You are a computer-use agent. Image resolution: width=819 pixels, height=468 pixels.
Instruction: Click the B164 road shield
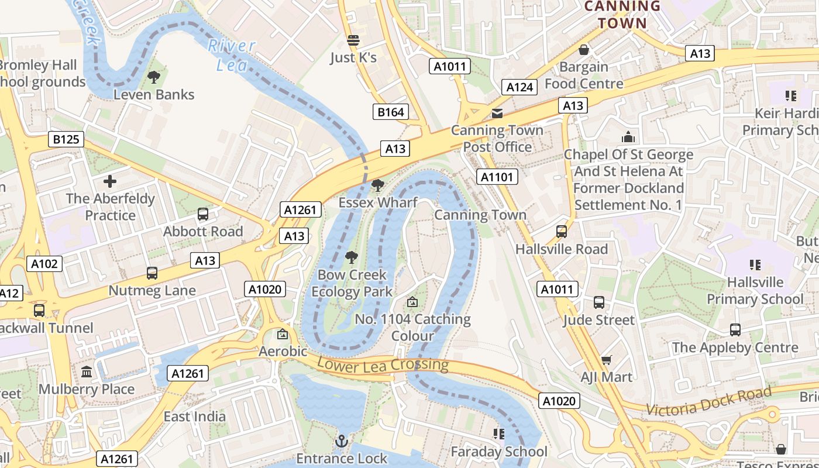point(391,112)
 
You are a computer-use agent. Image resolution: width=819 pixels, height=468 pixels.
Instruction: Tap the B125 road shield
point(66,139)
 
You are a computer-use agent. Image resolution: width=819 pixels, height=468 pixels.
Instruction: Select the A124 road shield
point(519,87)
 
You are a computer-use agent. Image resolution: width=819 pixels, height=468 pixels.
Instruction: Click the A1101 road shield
point(497,177)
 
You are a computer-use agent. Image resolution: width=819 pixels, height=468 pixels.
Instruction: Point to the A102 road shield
point(44,264)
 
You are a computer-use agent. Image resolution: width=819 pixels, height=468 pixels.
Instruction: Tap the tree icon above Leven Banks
point(154,77)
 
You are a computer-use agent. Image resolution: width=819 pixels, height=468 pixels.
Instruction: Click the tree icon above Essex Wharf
point(378,185)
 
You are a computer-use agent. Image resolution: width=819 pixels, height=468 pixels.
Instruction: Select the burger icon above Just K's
point(353,40)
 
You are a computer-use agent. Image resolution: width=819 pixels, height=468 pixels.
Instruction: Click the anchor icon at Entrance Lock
point(342,441)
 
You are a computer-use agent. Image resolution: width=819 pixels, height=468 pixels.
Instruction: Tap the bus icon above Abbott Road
point(203,214)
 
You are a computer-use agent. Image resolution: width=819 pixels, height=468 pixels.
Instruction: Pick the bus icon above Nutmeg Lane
point(152,273)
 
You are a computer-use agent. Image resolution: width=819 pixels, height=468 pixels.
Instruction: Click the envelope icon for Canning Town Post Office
point(497,113)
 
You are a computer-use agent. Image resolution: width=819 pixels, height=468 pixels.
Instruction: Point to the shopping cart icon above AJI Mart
point(607,360)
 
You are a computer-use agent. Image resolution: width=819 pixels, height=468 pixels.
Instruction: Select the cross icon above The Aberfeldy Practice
point(110,181)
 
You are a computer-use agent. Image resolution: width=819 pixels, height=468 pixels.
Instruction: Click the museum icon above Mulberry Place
point(87,372)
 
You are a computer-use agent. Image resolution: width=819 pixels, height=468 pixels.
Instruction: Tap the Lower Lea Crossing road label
point(383,364)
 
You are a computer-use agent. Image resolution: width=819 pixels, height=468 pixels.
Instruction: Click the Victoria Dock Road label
point(708,401)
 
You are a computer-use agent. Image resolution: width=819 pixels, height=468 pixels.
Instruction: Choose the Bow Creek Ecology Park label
point(352,283)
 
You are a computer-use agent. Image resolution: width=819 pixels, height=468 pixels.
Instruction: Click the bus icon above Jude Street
point(599,302)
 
